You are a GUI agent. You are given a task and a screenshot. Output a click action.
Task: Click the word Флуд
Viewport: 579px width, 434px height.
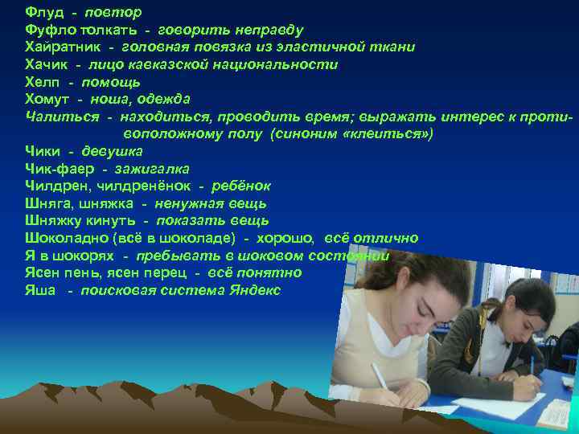[43, 13]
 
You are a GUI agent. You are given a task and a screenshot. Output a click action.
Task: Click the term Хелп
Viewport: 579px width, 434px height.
[42, 82]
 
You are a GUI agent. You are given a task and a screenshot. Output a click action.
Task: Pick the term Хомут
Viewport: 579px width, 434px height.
[47, 99]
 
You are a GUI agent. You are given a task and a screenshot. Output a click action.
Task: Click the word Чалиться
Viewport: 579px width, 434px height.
[60, 117]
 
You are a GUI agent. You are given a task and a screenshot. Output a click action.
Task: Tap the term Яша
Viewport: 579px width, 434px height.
[40, 290]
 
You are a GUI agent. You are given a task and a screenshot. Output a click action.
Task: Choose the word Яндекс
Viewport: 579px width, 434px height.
[254, 290]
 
